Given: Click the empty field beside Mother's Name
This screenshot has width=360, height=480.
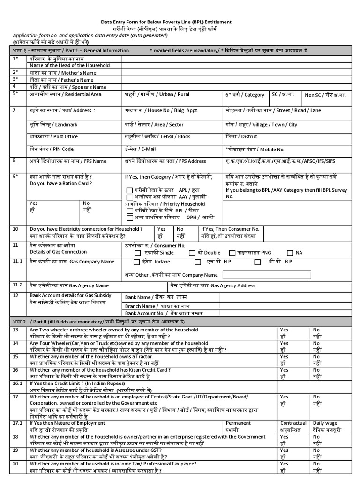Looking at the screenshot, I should (x=234, y=73).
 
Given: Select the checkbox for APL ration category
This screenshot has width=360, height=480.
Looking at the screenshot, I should (x=129, y=190).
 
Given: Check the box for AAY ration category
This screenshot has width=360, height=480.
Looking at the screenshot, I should (x=129, y=197).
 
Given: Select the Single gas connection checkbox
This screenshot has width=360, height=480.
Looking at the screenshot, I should (x=136, y=253).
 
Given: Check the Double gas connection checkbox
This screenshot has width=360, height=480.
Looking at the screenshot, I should (x=191, y=253).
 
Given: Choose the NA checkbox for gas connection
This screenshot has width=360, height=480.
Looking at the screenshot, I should (x=290, y=253).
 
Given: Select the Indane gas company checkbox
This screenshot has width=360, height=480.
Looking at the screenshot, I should (x=136, y=262).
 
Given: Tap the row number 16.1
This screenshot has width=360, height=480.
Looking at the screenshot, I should (x=18, y=383).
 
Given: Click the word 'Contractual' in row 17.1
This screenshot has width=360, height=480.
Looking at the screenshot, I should (x=293, y=423).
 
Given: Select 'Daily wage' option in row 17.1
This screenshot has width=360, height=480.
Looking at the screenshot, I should (x=326, y=423).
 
